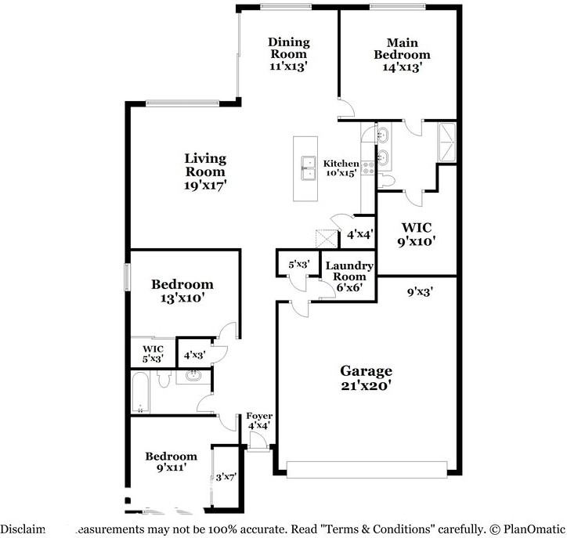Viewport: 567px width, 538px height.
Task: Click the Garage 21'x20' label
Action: pos(366,377)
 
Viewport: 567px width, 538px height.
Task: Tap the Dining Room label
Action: pos(289,54)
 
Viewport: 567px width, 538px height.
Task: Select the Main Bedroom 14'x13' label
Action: pos(402,55)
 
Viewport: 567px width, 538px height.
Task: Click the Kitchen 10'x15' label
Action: pos(341,168)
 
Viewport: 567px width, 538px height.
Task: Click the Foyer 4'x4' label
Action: pos(259,421)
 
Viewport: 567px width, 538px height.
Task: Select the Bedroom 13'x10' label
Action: pos(182,291)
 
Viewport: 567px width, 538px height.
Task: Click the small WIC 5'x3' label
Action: pos(153,354)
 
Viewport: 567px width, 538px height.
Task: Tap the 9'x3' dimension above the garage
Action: pos(421,293)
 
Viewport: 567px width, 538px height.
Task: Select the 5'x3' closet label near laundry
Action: pos(298,265)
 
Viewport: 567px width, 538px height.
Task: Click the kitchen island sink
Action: pos(306,169)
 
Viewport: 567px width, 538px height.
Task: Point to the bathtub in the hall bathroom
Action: pos(141,391)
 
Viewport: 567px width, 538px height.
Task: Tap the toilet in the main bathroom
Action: pos(387,181)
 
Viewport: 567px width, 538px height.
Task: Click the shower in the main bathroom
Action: pos(447,142)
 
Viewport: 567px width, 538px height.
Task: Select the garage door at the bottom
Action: pos(366,469)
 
